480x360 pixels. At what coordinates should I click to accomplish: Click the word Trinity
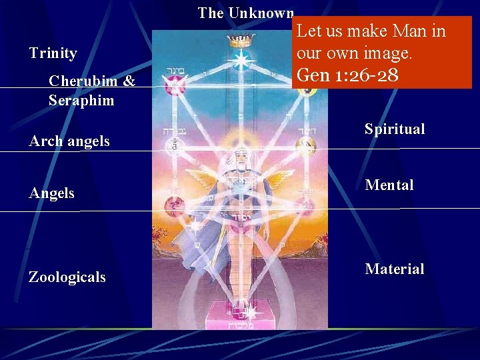[x=53, y=53]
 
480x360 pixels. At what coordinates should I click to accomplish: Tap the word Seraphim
[x=81, y=101]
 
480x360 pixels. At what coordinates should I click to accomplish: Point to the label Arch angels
[x=69, y=141]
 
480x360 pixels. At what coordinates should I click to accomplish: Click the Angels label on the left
[x=51, y=193]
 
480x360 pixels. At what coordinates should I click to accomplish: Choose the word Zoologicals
[x=67, y=277]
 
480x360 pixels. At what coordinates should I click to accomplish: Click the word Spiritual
[x=394, y=129]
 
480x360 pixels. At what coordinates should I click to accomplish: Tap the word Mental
[x=389, y=185]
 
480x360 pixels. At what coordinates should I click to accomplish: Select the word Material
[x=394, y=269]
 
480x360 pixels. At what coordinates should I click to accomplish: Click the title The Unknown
[x=245, y=13]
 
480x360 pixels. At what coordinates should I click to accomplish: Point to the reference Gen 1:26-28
[x=347, y=75]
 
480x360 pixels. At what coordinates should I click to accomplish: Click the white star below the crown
[x=238, y=60]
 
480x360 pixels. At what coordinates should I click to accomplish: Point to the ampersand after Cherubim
[x=129, y=82]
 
